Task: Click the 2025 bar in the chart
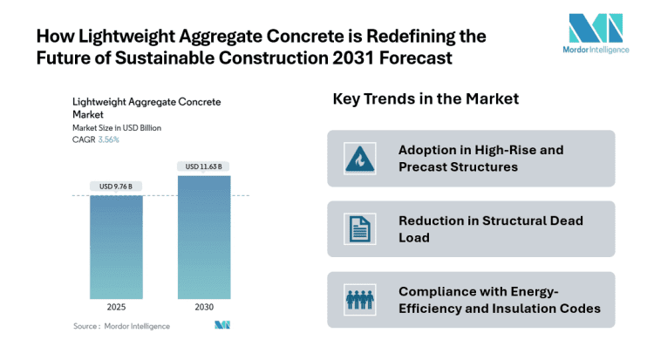click(117, 247)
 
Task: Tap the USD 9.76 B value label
click(117, 184)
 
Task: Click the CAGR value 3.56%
click(108, 139)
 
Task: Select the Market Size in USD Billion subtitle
click(117, 128)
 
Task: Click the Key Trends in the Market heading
click(426, 99)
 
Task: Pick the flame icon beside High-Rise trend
click(359, 159)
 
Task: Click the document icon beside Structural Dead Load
click(359, 229)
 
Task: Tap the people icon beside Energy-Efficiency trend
click(359, 300)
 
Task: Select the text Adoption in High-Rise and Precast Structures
click(480, 159)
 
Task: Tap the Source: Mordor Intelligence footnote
click(121, 326)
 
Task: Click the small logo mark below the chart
click(221, 326)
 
